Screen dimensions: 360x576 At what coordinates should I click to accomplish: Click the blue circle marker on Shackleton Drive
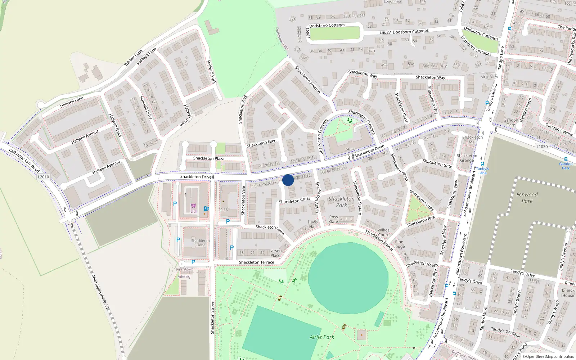point(288,180)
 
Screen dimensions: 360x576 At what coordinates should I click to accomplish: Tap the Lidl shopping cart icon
point(193,206)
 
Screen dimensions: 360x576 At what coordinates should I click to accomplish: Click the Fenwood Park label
point(527,198)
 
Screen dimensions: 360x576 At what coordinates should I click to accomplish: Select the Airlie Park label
point(322,337)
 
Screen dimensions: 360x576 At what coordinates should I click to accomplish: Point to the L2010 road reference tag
point(43,177)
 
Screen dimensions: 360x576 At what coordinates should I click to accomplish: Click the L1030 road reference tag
point(542,147)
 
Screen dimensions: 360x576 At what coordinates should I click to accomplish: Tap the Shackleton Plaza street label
point(208,158)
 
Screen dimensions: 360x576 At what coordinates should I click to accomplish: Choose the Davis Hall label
point(312,224)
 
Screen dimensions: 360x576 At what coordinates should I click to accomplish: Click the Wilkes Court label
point(383,232)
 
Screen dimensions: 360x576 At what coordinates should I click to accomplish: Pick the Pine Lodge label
point(399,244)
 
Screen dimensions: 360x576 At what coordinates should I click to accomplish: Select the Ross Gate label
point(334,219)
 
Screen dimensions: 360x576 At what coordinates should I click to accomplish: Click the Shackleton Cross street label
point(294,200)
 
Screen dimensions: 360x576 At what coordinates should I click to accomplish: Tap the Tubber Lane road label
point(133,58)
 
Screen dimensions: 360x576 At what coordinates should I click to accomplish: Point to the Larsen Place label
point(275,253)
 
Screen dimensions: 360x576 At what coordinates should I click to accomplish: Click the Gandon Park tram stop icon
point(566,159)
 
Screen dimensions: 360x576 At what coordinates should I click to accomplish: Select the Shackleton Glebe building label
point(200,243)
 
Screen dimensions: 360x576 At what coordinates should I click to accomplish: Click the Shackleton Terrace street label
point(256,262)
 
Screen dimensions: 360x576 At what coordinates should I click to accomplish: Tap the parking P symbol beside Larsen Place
point(232,248)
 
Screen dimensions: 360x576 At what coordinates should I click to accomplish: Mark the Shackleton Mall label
point(473,140)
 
